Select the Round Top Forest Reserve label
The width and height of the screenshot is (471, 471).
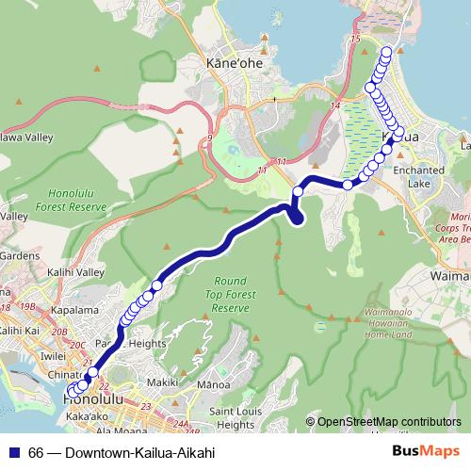(231, 295)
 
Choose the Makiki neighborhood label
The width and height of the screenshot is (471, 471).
(163, 383)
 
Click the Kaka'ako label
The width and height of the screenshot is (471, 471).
(86, 415)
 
